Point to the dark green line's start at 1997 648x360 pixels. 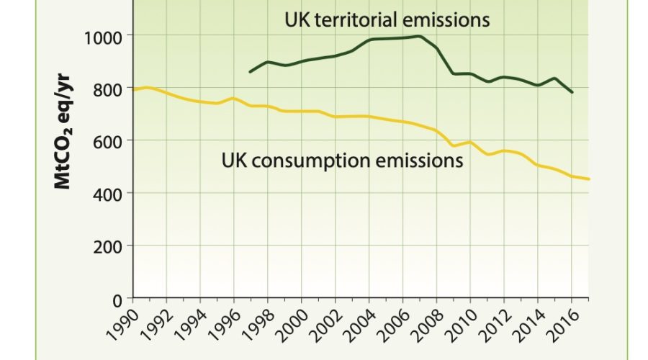point(250,72)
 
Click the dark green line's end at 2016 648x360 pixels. point(572,92)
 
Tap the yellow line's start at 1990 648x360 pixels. point(133,90)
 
